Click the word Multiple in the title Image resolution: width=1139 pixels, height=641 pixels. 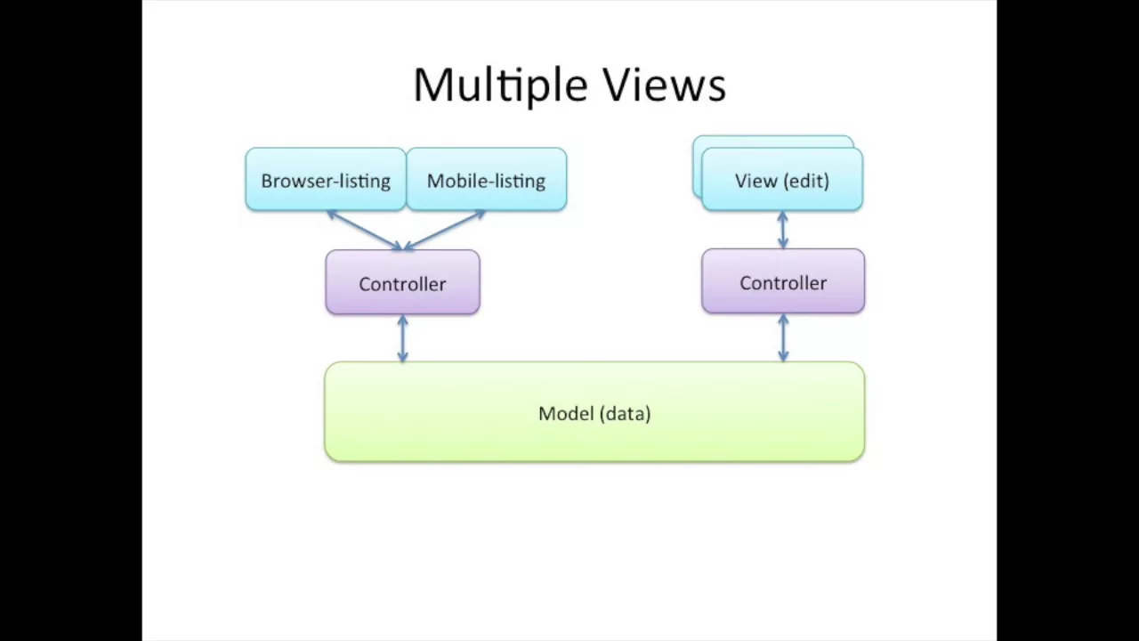501,85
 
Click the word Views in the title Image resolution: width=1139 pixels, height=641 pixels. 665,84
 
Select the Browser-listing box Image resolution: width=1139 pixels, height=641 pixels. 326,179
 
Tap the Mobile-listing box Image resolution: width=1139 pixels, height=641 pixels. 487,179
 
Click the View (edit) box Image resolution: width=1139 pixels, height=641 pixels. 782,179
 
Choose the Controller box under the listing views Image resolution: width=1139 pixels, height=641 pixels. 403,282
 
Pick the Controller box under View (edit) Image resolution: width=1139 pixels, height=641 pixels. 783,281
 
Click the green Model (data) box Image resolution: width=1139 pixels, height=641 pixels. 594,412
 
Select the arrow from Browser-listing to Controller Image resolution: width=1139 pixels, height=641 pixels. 365,231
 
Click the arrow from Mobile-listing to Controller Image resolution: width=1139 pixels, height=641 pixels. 444,231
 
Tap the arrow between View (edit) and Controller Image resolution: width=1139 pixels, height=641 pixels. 783,230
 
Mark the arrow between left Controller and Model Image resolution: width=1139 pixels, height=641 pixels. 403,338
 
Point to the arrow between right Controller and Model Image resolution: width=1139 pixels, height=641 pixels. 784,337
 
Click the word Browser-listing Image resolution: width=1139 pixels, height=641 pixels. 326,181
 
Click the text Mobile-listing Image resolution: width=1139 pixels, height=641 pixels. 486,181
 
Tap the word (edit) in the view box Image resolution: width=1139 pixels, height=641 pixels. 806,181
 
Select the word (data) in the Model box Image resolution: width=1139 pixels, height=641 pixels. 626,414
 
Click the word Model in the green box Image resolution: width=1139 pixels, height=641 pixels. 567,414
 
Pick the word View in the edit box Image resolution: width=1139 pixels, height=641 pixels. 755,181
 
